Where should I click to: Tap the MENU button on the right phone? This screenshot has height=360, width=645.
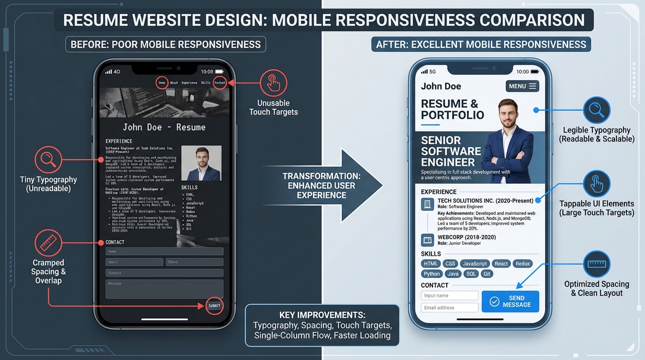(522, 86)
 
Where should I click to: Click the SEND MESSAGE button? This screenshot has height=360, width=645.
(510, 301)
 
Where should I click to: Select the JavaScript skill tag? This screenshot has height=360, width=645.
(475, 263)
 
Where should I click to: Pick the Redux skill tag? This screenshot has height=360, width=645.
(523, 263)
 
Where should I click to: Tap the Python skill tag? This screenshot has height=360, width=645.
(432, 274)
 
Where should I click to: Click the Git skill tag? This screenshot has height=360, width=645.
(487, 274)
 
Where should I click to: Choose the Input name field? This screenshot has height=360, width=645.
(450, 296)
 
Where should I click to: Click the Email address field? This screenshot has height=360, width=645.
(450, 307)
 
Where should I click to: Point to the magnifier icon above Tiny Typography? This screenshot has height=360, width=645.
(48, 160)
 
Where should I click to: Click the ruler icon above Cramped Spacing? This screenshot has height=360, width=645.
(48, 243)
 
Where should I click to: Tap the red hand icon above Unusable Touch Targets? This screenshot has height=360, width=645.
(273, 83)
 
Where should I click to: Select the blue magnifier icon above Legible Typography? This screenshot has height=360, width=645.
(596, 111)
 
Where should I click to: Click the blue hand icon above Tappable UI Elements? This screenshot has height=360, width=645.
(596, 184)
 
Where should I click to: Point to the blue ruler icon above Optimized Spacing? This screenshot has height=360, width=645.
(596, 264)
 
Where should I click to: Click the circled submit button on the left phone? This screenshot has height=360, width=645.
(214, 306)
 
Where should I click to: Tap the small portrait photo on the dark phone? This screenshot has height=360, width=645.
(201, 163)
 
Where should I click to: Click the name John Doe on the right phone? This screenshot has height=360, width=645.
(441, 86)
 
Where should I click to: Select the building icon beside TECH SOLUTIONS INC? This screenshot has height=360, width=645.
(427, 204)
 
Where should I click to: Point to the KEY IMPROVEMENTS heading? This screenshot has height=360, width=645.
(322, 315)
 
